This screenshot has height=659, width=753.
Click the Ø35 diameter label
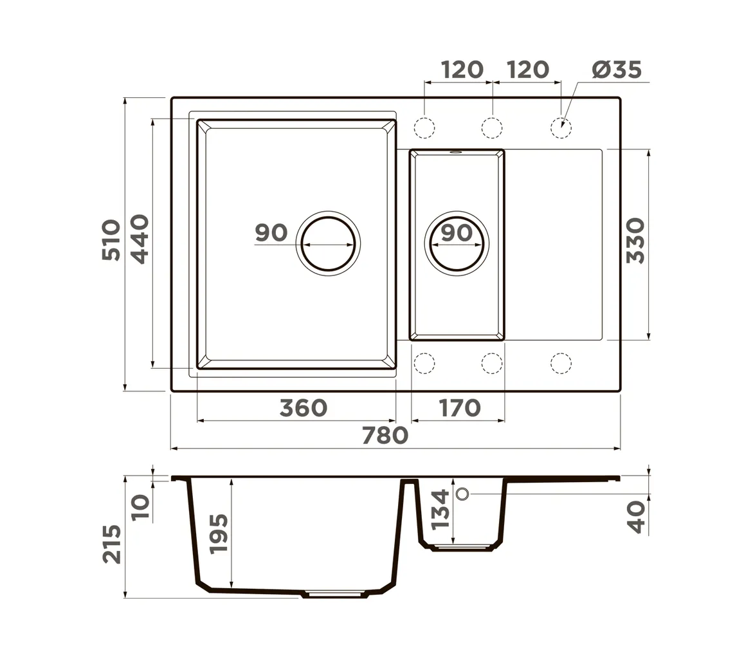pyautogui.click(x=617, y=70)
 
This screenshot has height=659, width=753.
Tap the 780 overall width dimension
pyautogui.click(x=385, y=436)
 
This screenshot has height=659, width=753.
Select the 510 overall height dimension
pyautogui.click(x=111, y=240)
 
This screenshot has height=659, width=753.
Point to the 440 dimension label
pyautogui.click(x=140, y=239)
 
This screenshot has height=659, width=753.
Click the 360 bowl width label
pyautogui.click(x=304, y=408)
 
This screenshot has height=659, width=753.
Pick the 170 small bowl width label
pyautogui.click(x=460, y=408)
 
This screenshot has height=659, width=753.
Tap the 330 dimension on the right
pyautogui.click(x=635, y=240)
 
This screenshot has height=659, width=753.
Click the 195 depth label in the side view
pyautogui.click(x=219, y=534)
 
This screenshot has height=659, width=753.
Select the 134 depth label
pyautogui.click(x=440, y=510)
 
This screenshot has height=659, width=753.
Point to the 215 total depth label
pyautogui.click(x=112, y=544)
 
